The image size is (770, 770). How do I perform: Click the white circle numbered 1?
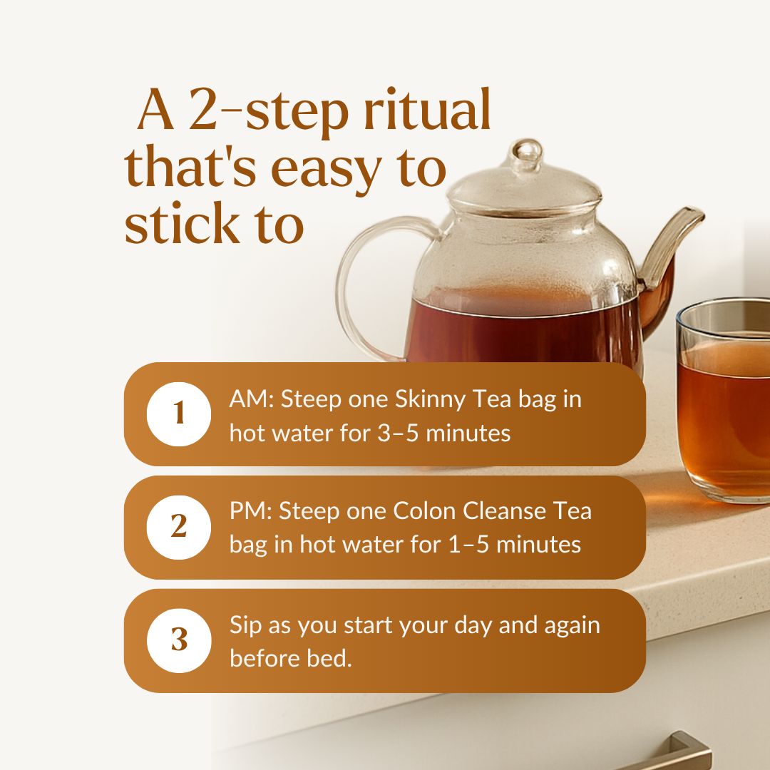click(179, 414)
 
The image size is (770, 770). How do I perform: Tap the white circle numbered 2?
click(179, 528)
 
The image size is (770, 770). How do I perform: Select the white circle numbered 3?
click(179, 641)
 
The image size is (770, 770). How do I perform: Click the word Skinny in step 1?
click(430, 400)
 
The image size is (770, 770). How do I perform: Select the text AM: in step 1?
click(252, 399)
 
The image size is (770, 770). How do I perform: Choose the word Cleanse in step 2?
click(504, 510)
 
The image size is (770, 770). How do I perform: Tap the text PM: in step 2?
click(251, 510)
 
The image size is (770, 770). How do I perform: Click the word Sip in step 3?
click(245, 626)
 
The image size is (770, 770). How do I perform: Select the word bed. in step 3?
click(329, 658)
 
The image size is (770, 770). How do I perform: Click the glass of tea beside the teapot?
click(724, 400)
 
